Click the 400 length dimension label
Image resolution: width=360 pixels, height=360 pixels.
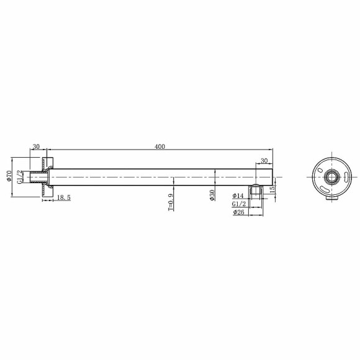[x=160, y=146]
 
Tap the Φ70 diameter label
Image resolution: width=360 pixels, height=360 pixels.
[x=9, y=176]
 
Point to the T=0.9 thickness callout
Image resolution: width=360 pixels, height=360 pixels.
[x=170, y=201]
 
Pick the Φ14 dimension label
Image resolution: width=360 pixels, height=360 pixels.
[x=238, y=196]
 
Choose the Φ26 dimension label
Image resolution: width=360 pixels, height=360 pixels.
[x=238, y=212]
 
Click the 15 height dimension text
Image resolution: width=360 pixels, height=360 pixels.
[x=272, y=189]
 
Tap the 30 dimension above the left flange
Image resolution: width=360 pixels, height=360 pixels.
[x=36, y=146]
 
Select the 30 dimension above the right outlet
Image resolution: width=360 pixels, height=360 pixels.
[x=264, y=160]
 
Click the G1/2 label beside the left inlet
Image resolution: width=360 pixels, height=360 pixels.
[x=20, y=176]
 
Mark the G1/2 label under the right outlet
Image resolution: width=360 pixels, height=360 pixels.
[x=238, y=204]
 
